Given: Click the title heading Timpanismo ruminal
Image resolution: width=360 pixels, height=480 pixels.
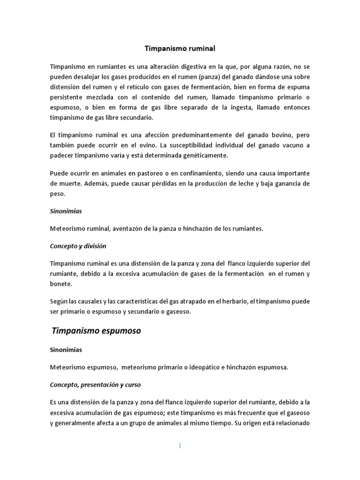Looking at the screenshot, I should click(x=180, y=48).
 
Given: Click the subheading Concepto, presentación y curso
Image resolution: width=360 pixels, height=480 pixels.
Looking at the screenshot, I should click(x=95, y=385).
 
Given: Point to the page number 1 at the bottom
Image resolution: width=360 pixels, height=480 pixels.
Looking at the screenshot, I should click(x=180, y=446).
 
